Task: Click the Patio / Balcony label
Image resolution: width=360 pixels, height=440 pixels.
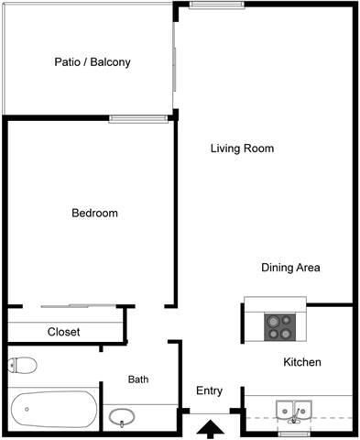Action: (x=92, y=63)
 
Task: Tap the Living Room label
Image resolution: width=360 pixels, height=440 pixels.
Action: (x=242, y=148)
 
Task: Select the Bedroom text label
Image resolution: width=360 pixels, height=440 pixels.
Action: (x=94, y=214)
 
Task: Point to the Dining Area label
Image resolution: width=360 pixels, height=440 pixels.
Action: (x=290, y=268)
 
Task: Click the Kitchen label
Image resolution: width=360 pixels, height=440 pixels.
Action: (x=302, y=362)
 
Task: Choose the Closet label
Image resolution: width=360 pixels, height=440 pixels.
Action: (x=63, y=332)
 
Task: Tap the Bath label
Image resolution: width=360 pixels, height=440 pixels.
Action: (x=138, y=379)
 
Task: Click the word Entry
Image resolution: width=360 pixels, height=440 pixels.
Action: (x=209, y=390)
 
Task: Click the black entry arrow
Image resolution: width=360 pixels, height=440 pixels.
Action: (x=210, y=427)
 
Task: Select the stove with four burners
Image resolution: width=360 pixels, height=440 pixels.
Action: (x=278, y=325)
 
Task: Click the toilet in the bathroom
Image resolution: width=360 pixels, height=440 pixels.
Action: (x=22, y=365)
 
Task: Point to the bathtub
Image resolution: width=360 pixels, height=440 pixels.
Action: (x=52, y=409)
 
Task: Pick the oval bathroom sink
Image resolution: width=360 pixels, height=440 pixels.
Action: (x=122, y=418)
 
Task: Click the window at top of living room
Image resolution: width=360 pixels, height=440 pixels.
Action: (x=216, y=5)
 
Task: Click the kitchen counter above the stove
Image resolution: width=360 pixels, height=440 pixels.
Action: (x=275, y=303)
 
